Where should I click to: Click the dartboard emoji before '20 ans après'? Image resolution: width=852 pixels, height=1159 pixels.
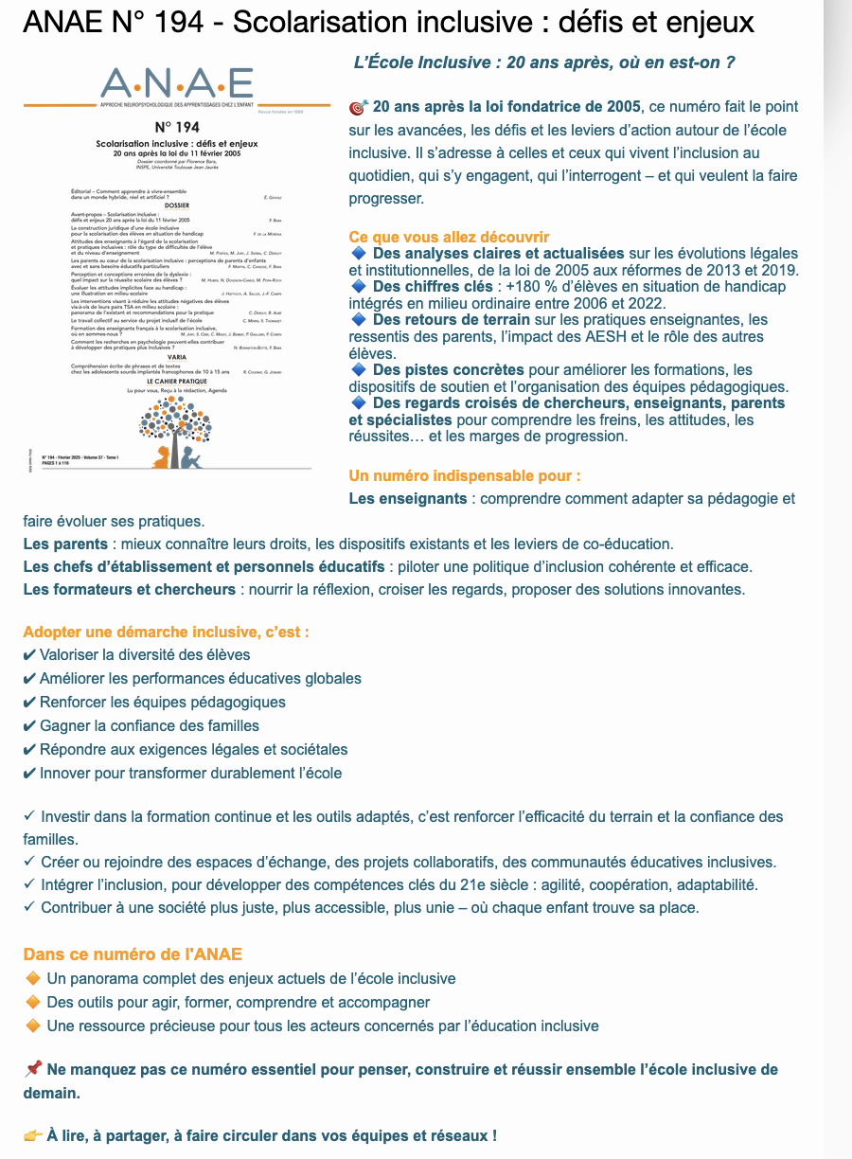[x=358, y=107]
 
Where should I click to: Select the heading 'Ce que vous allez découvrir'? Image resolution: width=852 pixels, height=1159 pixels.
[x=449, y=237]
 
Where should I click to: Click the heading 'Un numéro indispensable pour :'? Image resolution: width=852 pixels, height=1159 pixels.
[x=465, y=474]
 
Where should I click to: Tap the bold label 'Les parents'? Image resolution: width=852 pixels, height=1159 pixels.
[x=65, y=544]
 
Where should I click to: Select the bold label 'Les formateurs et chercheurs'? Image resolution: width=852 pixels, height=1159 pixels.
[x=130, y=589]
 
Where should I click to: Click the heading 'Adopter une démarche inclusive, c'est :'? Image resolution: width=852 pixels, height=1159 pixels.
[x=166, y=632]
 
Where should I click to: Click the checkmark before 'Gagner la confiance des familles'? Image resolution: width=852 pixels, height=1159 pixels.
[x=29, y=726]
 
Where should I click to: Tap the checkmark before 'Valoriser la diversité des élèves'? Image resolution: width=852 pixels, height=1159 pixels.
[x=29, y=655]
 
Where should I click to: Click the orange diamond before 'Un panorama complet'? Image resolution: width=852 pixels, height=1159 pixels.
[x=33, y=978]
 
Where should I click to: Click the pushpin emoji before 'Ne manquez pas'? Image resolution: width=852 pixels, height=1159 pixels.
[x=32, y=1070]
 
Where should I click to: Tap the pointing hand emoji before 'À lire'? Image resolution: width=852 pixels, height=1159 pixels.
[x=33, y=1135]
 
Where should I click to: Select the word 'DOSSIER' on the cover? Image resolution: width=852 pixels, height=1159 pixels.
[x=177, y=205]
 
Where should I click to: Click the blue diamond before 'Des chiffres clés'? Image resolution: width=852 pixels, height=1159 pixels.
[x=358, y=286]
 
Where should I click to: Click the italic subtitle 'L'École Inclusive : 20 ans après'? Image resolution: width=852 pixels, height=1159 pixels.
[x=544, y=62]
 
